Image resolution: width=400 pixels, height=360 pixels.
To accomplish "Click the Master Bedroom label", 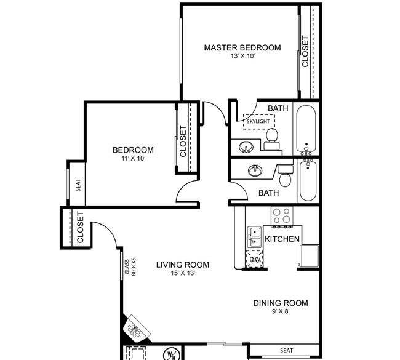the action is pos(242,47).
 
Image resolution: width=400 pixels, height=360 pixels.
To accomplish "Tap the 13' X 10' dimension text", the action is pos(243,56).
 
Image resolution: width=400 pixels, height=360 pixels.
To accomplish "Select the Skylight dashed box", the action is pos(258,121).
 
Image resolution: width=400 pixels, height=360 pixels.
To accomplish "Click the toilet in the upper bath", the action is pos(272,139).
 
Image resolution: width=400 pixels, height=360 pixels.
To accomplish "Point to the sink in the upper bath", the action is pos(246,147).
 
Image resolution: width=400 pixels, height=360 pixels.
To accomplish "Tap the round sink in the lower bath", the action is pos(255,170).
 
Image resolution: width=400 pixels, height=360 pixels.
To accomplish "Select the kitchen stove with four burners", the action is pos(282,216).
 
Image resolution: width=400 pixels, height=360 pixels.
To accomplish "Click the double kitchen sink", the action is pos(254,237).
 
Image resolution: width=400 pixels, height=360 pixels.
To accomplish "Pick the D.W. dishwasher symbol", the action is pos(254,259).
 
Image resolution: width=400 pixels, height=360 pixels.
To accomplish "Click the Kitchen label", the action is pos(282,239).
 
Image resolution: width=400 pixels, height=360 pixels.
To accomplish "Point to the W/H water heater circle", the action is pos(172,354).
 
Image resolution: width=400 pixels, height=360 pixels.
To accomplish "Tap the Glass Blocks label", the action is pos(130,267).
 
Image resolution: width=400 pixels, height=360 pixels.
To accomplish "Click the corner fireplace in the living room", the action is pos(136,329).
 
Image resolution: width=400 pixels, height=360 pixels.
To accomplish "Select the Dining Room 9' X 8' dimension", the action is pos(281,311).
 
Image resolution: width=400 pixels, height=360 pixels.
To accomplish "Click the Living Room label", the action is pos(183,265).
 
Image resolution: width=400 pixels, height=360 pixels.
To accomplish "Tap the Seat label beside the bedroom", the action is pos(78,185).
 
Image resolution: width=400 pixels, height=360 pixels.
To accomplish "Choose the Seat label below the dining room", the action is pos(287,351).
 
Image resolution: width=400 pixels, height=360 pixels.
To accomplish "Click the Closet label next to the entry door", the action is pos(80,227).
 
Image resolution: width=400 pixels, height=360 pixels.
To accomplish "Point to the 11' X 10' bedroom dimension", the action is pos(134,158).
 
